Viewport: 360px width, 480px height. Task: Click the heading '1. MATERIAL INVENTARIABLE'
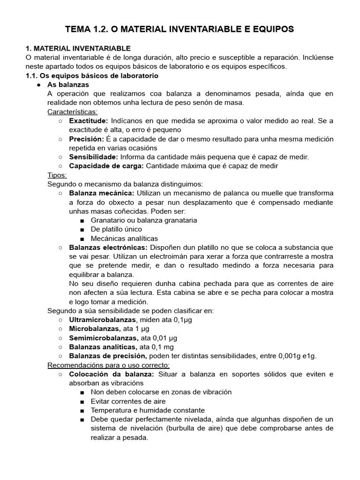[78, 48]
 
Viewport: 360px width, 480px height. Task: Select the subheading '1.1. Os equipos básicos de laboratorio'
[91, 75]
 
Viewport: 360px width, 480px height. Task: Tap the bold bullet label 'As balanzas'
[68, 84]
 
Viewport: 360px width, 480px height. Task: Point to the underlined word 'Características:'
[73, 112]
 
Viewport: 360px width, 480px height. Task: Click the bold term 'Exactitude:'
[89, 121]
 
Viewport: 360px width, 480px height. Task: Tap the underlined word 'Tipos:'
[58, 175]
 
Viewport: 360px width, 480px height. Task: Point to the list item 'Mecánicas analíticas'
[124, 238]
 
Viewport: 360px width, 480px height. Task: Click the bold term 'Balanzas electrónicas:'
[108, 247]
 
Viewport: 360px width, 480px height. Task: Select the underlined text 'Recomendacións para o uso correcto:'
[109, 365]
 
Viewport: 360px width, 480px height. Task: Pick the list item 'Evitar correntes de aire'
[128, 401]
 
